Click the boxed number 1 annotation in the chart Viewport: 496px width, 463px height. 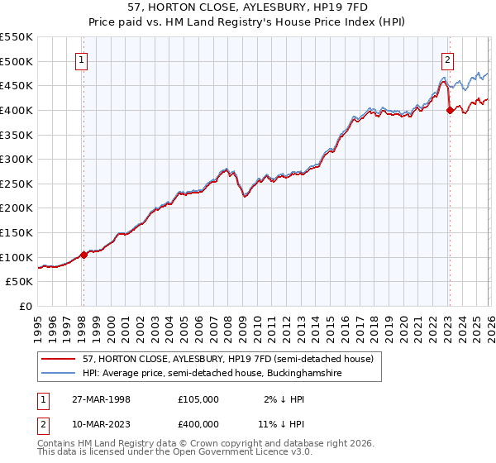pyautogui.click(x=83, y=60)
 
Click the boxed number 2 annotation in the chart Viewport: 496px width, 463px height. pyautogui.click(x=447, y=60)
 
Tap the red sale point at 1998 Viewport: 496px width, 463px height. pyautogui.click(x=83, y=255)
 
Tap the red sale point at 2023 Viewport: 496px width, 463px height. pyautogui.click(x=449, y=110)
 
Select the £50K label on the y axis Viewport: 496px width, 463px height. pyautogui.click(x=19, y=282)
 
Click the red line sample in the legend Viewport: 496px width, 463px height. pyautogui.click(x=60, y=360)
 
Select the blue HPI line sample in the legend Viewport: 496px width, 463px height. pyautogui.click(x=60, y=375)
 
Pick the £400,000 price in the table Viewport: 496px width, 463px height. pyautogui.click(x=198, y=423)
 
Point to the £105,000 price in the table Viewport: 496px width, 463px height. pyautogui.click(x=198, y=399)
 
